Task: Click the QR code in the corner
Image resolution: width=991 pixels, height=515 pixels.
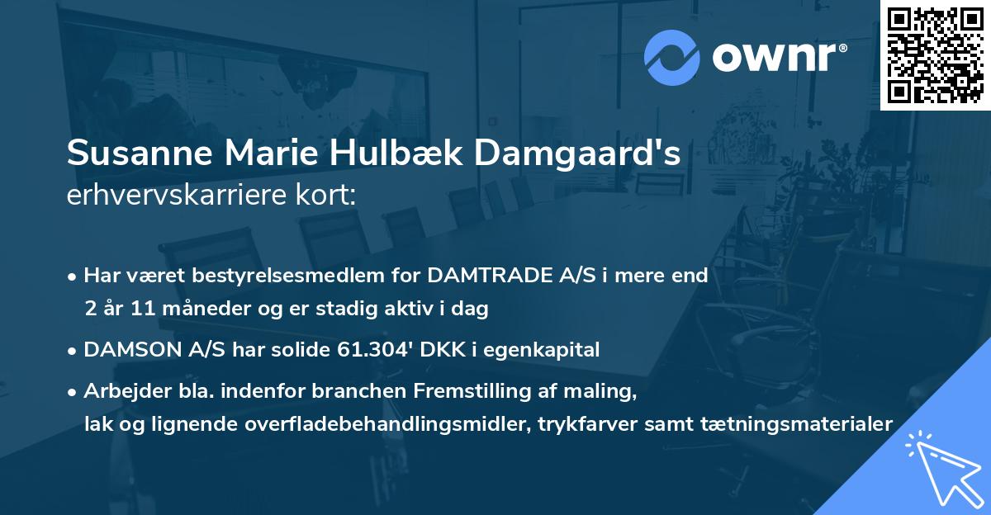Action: (x=936, y=55)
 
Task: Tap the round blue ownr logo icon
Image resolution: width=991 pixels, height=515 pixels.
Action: (x=672, y=57)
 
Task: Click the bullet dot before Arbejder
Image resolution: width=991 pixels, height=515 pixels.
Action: (x=73, y=391)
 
